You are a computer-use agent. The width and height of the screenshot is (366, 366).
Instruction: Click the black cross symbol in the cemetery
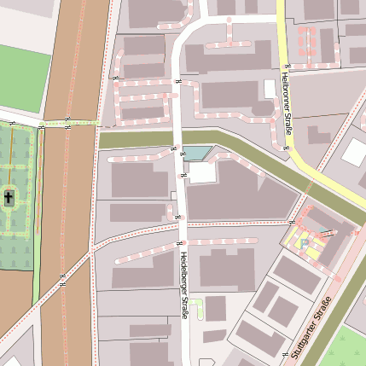tap(9, 199)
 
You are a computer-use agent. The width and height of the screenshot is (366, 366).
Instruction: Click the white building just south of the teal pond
tap(202, 172)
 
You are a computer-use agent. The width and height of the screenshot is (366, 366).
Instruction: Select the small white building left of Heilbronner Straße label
tap(270, 89)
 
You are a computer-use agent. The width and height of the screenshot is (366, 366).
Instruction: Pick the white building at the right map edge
tap(354, 152)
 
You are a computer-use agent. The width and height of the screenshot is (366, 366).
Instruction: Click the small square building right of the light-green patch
tap(216, 308)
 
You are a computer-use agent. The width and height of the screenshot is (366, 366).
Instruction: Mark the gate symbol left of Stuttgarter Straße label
tap(284, 352)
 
